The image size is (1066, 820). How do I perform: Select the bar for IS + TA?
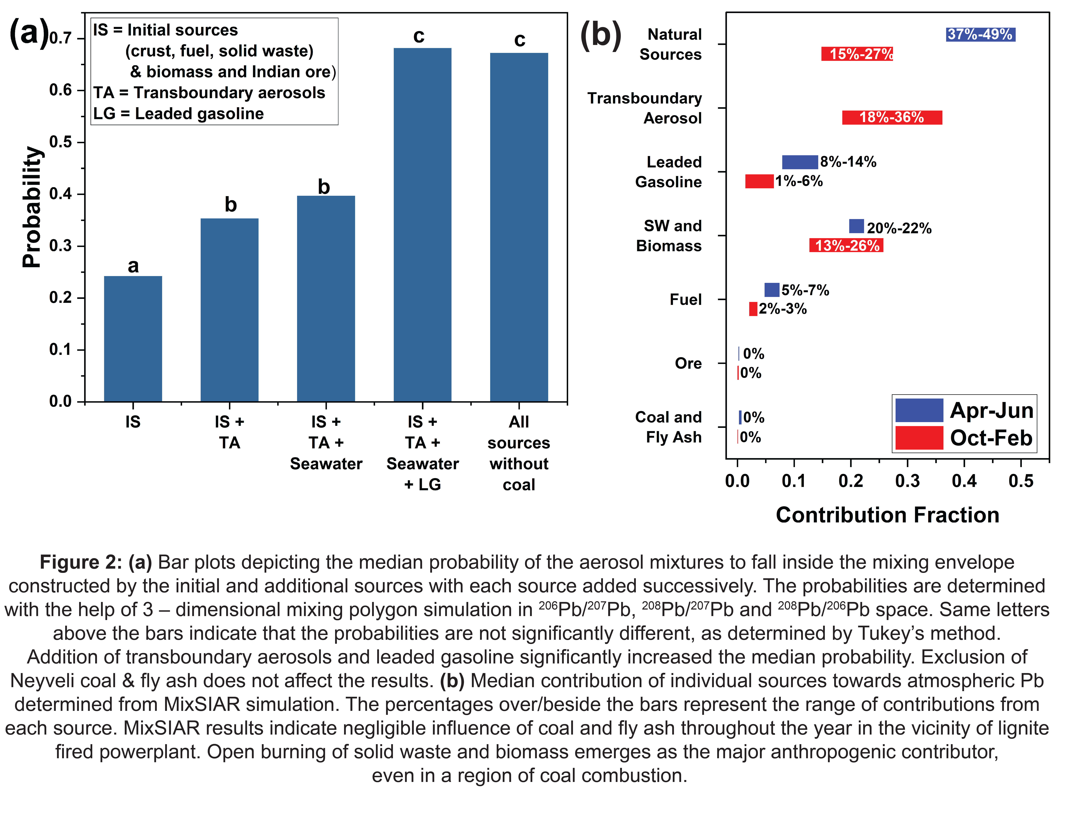pos(229,310)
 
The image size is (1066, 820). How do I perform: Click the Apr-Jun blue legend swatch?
pos(919,410)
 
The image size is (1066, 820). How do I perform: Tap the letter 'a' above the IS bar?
pos(133,266)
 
